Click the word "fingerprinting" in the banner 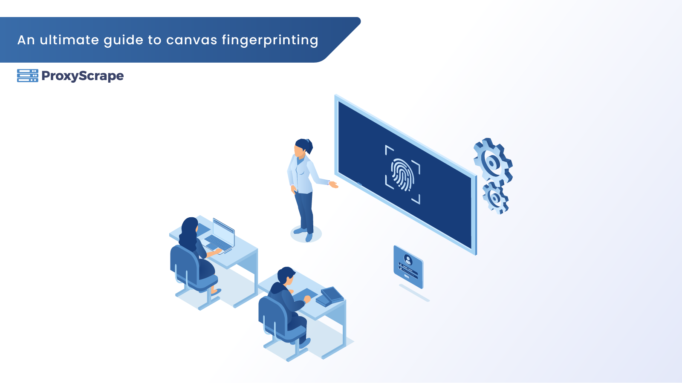click(270, 40)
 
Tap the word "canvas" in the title click(192, 40)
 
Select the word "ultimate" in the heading click(69, 40)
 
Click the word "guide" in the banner click(124, 41)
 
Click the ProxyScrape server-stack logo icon click(28, 76)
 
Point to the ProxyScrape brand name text click(83, 76)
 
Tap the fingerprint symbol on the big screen click(402, 175)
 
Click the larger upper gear click(493, 161)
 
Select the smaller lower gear click(495, 198)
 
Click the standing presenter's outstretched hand click(334, 184)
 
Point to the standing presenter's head click(303, 147)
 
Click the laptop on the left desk click(220, 236)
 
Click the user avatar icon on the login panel click(408, 259)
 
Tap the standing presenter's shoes click(304, 233)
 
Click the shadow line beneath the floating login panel click(414, 293)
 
